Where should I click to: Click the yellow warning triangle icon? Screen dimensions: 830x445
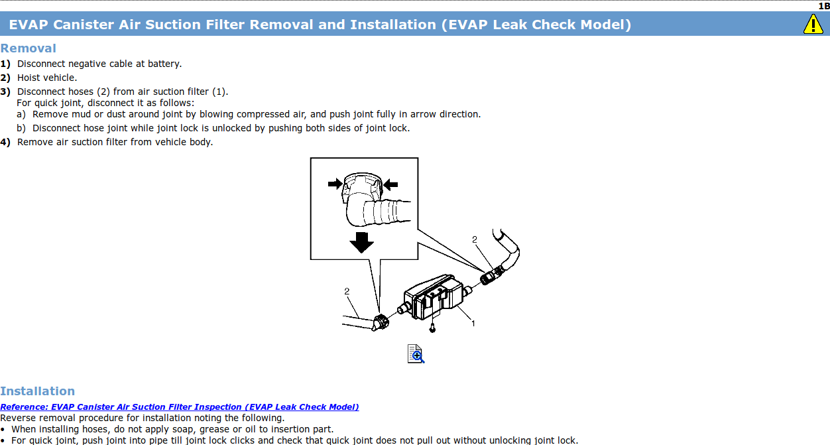pos(813,24)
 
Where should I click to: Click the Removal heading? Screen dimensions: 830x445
pos(28,48)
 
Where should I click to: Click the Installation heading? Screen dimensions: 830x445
pos(37,391)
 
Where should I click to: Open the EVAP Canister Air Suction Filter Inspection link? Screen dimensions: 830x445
pos(180,407)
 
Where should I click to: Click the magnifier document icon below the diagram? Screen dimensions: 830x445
pos(416,354)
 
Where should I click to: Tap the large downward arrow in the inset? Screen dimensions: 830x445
pos(361,242)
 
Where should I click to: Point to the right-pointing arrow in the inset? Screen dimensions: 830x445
pos(335,184)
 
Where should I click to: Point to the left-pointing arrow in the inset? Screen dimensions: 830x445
pos(390,184)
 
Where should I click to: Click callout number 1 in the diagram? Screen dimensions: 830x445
pos(473,324)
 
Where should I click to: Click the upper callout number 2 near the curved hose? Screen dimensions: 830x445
pos(475,239)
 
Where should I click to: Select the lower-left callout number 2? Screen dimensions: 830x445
pos(347,291)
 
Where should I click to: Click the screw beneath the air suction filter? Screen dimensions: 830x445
pos(432,328)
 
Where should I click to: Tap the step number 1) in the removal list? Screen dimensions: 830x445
pos(5,64)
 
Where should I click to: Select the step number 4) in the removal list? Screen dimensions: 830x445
pos(5,142)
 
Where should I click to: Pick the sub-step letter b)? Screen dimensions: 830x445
pos(21,128)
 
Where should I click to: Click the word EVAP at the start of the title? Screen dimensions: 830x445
pos(29,25)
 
